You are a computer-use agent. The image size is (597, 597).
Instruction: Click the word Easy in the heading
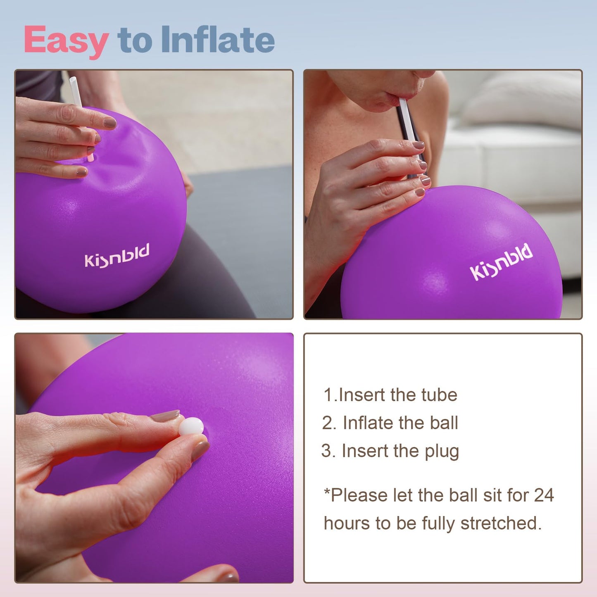66,40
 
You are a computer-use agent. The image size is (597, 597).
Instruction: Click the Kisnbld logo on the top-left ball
117,256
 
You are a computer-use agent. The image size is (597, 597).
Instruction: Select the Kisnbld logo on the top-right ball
501,262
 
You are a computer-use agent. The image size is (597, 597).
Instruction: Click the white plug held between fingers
191,426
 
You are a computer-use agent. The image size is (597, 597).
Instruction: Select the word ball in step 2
444,423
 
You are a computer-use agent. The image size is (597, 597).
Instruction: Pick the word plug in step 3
442,452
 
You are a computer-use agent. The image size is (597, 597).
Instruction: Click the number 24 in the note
544,495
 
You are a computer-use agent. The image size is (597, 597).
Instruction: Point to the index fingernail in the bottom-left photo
165,416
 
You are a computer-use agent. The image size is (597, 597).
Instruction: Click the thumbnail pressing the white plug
200,450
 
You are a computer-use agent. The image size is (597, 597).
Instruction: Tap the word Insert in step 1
362,395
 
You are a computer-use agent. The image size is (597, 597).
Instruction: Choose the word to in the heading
135,40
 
